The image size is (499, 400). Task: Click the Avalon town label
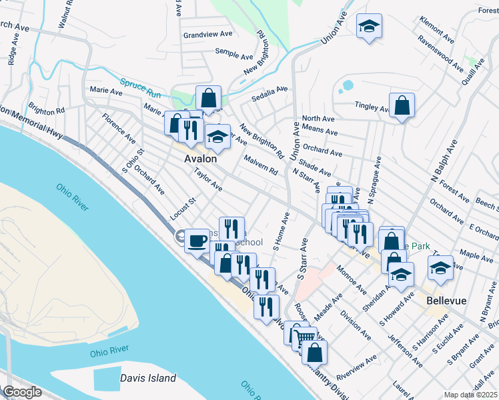(x=201, y=159)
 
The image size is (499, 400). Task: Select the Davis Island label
(x=148, y=379)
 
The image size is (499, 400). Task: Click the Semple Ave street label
(x=231, y=51)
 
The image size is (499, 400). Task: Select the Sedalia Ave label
(x=269, y=92)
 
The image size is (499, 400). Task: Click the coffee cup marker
(x=196, y=240)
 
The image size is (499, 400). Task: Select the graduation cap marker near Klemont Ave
(x=368, y=27)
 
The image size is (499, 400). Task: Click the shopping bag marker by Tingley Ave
(x=402, y=105)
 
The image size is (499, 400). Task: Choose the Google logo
(x=22, y=392)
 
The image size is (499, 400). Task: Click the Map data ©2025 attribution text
(x=471, y=395)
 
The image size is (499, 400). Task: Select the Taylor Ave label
(x=207, y=179)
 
